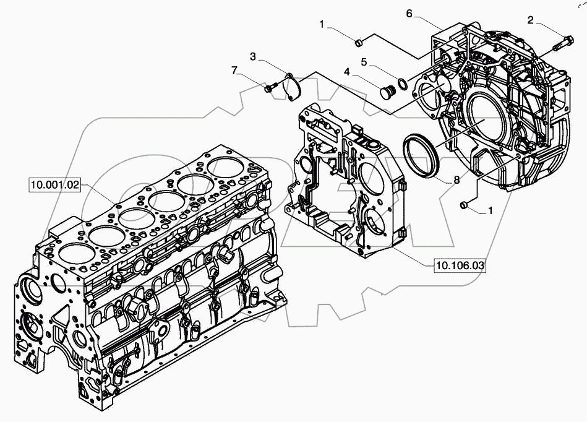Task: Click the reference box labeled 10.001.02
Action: pos(55,184)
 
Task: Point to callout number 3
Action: pos(253,56)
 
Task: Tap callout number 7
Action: pos(234,71)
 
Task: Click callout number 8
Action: pos(456,181)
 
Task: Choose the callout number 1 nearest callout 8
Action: pos(491,210)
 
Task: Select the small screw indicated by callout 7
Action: pos(268,89)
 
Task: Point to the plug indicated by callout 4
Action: pos(387,92)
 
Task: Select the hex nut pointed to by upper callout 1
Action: pos(358,41)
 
